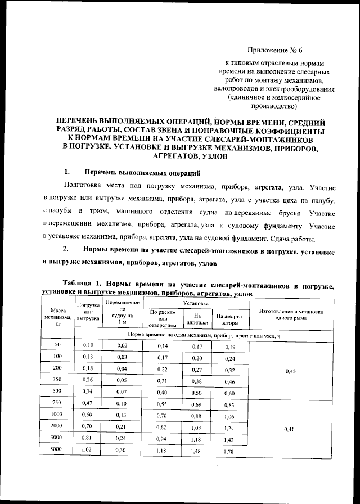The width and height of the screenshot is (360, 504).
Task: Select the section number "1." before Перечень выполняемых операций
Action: [67, 172]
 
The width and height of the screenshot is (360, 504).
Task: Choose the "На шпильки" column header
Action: [196, 319]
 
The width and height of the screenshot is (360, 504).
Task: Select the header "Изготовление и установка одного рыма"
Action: [290, 314]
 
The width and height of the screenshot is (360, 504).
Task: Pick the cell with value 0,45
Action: [290, 372]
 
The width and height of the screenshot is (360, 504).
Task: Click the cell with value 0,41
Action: [290, 429]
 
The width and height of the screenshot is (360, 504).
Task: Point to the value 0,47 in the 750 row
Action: [87, 404]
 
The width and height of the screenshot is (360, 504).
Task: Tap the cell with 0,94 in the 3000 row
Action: [163, 440]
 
